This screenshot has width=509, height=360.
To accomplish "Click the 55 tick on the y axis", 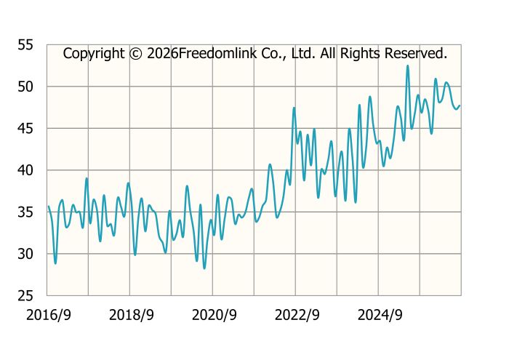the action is coord(25,45).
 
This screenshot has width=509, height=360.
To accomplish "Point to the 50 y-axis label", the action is coord(25,87).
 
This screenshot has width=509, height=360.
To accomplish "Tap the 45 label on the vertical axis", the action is coord(25,129).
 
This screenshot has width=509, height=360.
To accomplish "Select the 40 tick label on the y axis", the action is coord(25,170).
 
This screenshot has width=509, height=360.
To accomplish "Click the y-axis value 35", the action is coord(25,212).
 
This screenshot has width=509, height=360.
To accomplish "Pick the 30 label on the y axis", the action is coord(25,254).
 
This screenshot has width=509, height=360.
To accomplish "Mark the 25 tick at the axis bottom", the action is coord(25,296).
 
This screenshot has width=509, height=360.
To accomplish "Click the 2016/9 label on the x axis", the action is coord(49,315).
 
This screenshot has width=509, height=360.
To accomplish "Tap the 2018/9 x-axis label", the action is coord(131,315).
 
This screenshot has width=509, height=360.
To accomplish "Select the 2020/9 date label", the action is coord(215,315).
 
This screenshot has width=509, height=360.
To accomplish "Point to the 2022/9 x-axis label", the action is coord(297,315).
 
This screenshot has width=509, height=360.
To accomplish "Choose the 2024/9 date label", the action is coord(380,315).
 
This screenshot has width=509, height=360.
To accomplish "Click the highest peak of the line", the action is coord(408,66).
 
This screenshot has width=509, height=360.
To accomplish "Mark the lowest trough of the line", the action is coord(204,268).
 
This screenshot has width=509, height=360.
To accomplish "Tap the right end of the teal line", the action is coord(460,105).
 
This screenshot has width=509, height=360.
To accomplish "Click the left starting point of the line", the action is coord(49,207).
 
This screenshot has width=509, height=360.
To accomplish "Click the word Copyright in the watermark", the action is coord(94,54).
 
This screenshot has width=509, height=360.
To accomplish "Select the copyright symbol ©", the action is coord(136,54).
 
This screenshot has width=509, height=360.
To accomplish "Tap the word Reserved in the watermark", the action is coord(416,53).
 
